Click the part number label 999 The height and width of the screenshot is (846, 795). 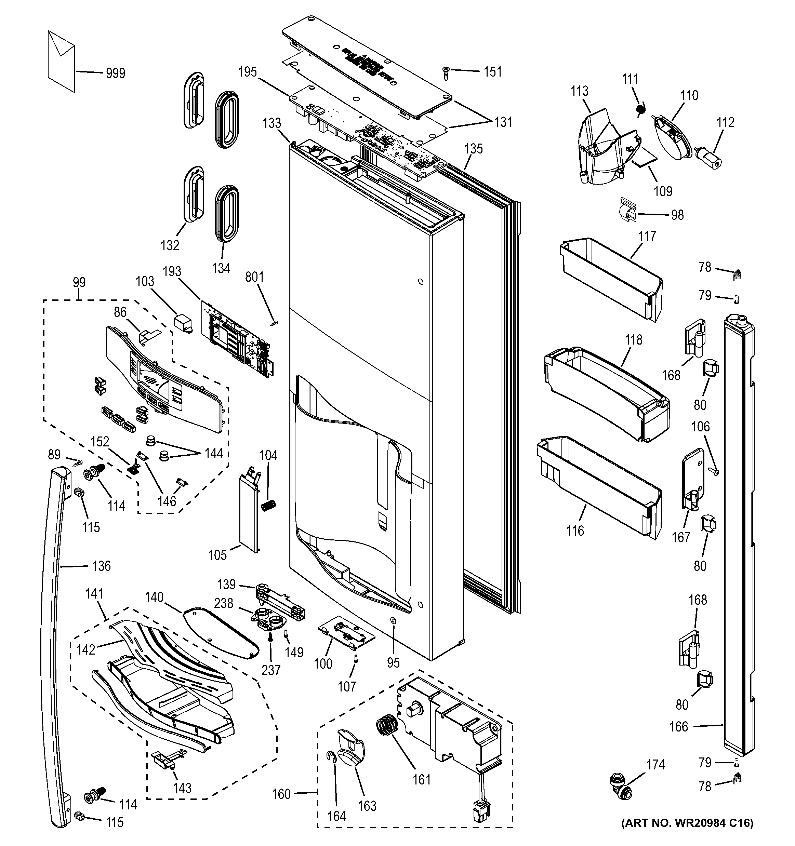pos(115,73)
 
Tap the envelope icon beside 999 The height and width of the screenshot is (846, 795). pos(61,61)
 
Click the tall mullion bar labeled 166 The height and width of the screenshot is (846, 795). pos(738,536)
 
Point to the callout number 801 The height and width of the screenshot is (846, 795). pos(254,277)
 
